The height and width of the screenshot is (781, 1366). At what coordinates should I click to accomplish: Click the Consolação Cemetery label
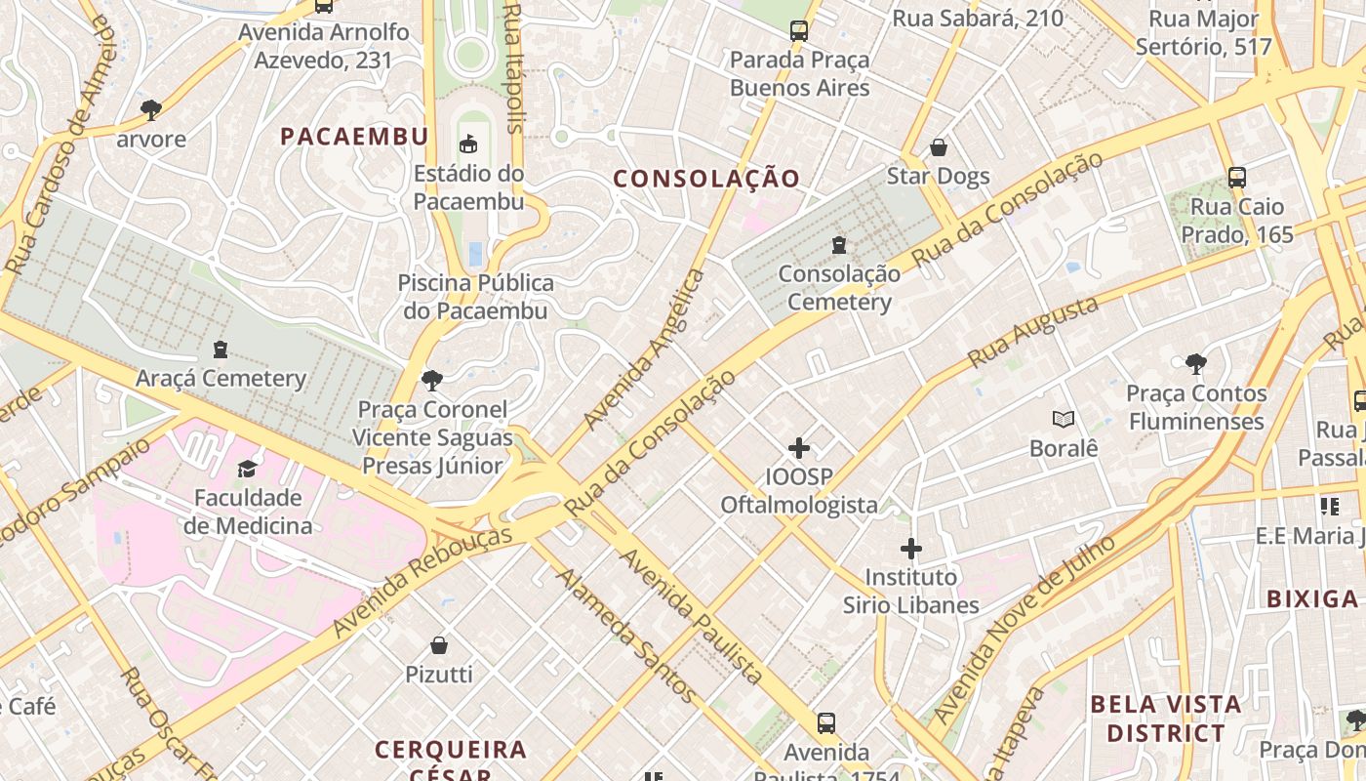(839, 288)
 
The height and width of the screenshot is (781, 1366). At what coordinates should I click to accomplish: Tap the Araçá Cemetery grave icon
(221, 349)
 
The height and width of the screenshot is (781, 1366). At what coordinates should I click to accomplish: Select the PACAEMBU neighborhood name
(354, 137)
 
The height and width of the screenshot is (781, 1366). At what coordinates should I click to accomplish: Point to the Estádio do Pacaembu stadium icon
(469, 144)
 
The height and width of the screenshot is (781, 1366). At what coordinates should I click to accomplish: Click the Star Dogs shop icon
(938, 147)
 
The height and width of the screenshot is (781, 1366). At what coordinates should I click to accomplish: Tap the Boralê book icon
(1064, 419)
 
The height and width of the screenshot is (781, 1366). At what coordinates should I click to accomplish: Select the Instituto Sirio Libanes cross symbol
(910, 549)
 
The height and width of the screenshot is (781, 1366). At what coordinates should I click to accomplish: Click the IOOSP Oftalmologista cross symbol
(799, 448)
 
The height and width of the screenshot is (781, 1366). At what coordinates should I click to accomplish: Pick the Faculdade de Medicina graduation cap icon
(247, 469)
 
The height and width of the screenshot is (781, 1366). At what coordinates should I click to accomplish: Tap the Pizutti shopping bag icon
(439, 645)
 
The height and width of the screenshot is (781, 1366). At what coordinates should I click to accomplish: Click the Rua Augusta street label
(1033, 333)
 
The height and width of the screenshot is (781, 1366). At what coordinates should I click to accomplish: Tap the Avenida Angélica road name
(644, 349)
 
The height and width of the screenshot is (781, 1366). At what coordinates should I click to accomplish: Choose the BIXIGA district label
(1312, 599)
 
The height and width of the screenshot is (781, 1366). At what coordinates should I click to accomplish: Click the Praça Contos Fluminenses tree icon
(1195, 364)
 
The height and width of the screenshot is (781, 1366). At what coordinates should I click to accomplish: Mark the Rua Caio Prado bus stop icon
(1237, 177)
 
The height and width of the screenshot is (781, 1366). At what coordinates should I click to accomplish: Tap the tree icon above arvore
(150, 108)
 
